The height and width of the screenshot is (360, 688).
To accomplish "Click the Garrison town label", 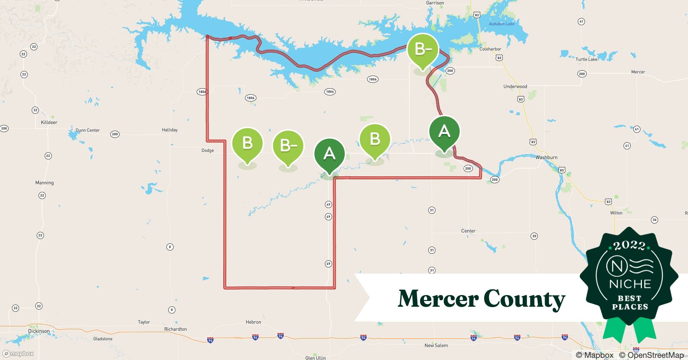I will [435, 3].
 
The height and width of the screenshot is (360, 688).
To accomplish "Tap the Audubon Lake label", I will [501, 24].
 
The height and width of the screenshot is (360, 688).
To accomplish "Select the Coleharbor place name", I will [490, 49].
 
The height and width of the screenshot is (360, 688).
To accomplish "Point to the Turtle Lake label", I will [586, 59].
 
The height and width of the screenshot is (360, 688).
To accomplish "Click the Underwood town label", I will [515, 86].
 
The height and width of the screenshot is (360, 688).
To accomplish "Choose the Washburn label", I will [546, 157].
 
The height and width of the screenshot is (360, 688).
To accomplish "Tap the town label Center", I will [468, 231].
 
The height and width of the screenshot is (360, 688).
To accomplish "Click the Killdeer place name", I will [49, 122].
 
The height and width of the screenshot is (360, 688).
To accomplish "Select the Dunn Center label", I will [88, 130].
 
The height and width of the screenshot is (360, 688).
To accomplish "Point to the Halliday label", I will [170, 130].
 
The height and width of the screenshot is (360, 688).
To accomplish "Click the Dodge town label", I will [207, 150].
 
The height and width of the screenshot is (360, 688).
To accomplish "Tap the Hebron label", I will [253, 322].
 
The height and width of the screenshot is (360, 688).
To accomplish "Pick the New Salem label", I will [436, 346].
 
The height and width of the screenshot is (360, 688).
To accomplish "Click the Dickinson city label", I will [39, 331].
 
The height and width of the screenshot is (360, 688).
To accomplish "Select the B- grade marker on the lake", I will [423, 49].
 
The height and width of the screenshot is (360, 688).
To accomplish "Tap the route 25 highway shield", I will [534, 236].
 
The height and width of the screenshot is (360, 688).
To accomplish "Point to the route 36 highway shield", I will [655, 220].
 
